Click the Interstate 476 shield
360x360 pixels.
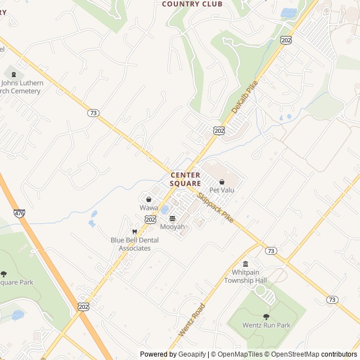pyautogui.click(x=20, y=213)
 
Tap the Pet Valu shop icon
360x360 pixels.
pyautogui.click(x=222, y=182)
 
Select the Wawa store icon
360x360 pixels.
pyautogui.click(x=148, y=199)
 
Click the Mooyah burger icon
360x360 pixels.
pyautogui.click(x=172, y=218)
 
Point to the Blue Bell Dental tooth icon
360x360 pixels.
pyautogui.click(x=134, y=231)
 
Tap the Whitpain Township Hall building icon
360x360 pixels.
pyautogui.click(x=245, y=264)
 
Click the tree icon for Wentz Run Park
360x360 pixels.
pyautogui.click(x=266, y=317)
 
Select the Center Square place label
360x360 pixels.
pyautogui.click(x=186, y=179)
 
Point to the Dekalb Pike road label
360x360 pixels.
pyautogui.click(x=244, y=96)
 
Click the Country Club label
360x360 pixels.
pyautogui.click(x=192, y=4)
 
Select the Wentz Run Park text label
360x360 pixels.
pyautogui.click(x=266, y=325)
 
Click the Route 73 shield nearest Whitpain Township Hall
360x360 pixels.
pyautogui.click(x=271, y=250)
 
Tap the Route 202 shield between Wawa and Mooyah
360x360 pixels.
pyautogui.click(x=150, y=219)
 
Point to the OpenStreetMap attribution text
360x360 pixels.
pyautogui.click(x=291, y=354)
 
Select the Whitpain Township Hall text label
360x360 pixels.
pyautogui.click(x=245, y=276)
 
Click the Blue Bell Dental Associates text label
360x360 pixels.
pyautogui.click(x=134, y=244)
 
